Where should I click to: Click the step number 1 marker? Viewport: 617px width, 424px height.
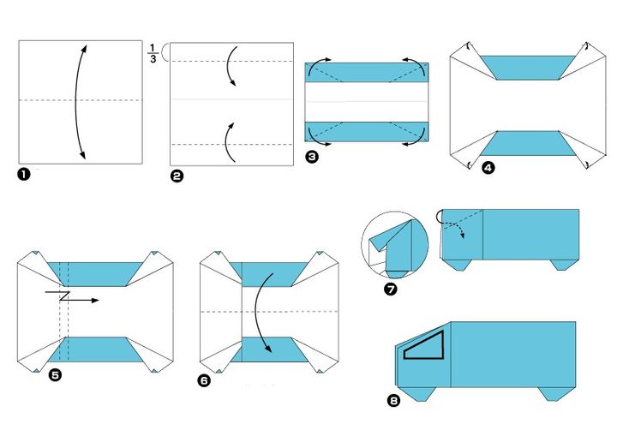[x=24, y=174]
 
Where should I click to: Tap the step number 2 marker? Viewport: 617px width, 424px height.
[x=177, y=176]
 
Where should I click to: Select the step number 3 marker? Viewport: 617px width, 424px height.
[x=312, y=157]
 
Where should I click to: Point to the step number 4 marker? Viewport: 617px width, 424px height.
[x=488, y=168]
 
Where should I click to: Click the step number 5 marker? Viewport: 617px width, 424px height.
[x=55, y=375]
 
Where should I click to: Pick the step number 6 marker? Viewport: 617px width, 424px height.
[x=204, y=380]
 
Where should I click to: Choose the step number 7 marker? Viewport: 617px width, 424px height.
[x=391, y=290]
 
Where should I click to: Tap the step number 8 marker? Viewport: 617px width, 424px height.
[x=393, y=400]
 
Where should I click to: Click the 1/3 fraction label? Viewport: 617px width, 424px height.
[x=153, y=54]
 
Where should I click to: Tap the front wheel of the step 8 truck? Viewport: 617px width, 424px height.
[x=421, y=394]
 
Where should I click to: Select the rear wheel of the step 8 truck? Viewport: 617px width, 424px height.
[x=554, y=394]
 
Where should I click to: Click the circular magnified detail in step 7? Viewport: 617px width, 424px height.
[x=395, y=245]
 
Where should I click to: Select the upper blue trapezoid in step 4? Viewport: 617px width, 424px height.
[x=527, y=68]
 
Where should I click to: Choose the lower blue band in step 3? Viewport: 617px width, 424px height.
[x=367, y=131]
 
